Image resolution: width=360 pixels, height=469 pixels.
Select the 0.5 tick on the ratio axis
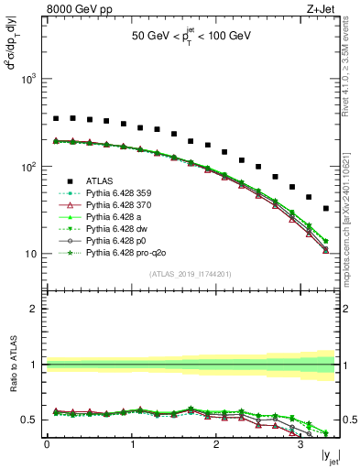pos(29,420)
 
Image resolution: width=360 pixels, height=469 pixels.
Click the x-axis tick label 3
pos(300,443)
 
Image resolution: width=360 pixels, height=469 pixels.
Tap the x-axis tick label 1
pos(131,443)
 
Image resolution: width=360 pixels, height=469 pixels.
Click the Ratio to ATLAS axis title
pos(13,370)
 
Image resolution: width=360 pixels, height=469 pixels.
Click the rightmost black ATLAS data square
pos(326,208)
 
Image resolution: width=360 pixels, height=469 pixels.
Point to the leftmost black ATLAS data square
pos(56,118)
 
